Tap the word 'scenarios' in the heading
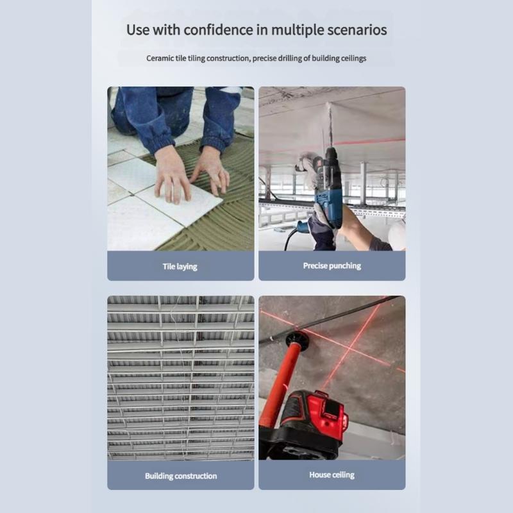click(x=357, y=29)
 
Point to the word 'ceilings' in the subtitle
click(x=352, y=58)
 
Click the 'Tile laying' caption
click(x=180, y=266)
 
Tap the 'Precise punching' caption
click(x=332, y=265)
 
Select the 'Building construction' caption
click(x=180, y=476)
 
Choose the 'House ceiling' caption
click(x=332, y=475)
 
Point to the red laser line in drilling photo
click(x=372, y=141)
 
